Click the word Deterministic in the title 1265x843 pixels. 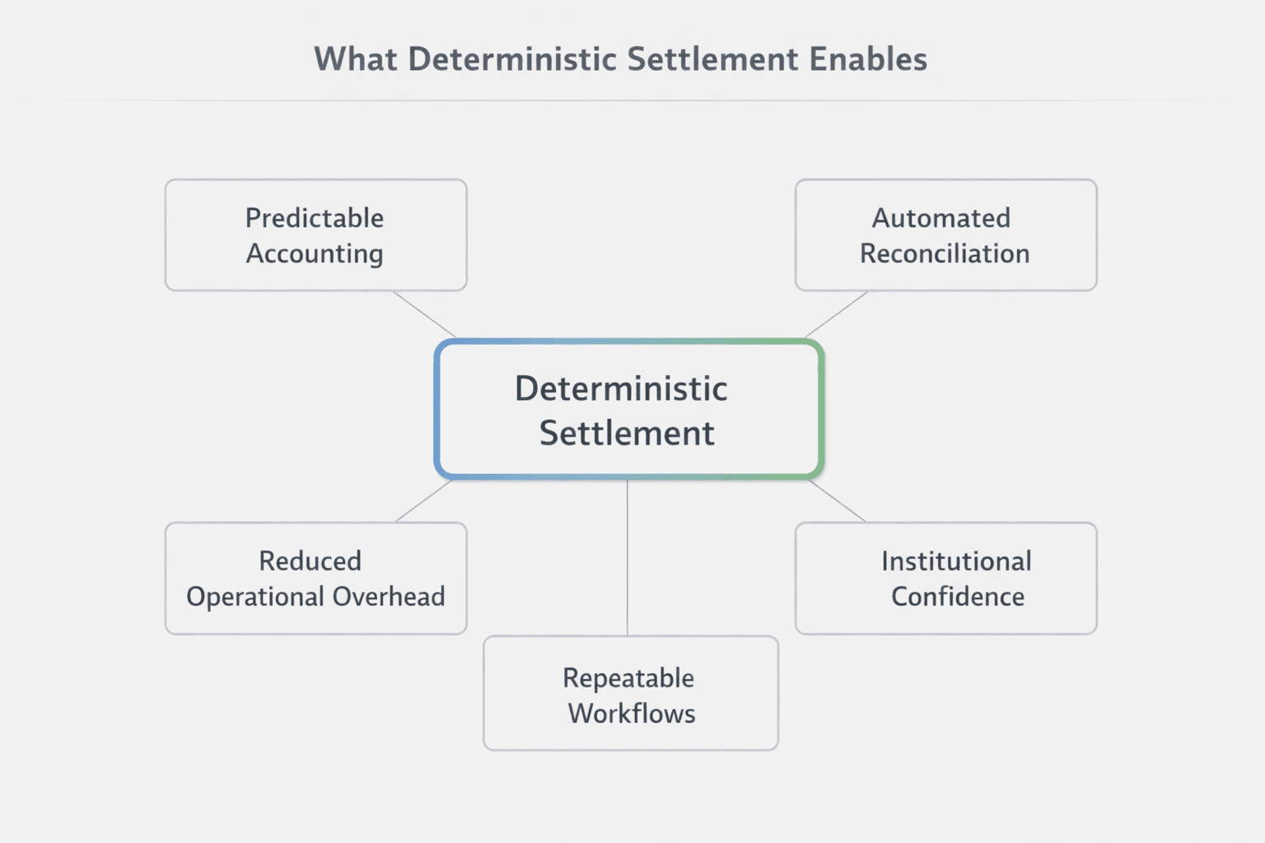click(x=511, y=60)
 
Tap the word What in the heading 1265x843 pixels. click(x=355, y=60)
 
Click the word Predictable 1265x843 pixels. click(x=315, y=218)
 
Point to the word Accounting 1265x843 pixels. click(x=315, y=254)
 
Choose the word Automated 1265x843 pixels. click(x=941, y=218)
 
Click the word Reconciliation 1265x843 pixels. click(x=945, y=254)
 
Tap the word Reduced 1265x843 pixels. click(x=310, y=561)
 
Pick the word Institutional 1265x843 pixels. click(x=956, y=561)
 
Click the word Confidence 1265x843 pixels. click(x=958, y=596)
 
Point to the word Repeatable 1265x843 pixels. click(x=628, y=678)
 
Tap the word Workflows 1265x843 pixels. click(x=632, y=713)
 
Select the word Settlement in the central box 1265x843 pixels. click(x=627, y=433)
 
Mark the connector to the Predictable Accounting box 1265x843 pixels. click(x=424, y=314)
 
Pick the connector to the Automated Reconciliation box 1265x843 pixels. click(x=836, y=314)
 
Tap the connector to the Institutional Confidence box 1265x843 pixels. click(x=838, y=501)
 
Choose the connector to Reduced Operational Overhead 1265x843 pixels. click(x=424, y=501)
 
